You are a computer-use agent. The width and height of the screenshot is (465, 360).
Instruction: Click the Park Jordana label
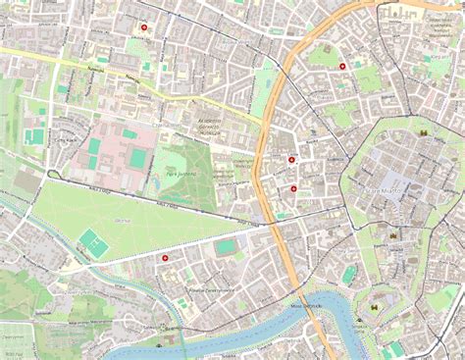(x=181, y=174)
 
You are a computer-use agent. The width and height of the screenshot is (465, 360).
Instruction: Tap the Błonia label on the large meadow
(x=123, y=223)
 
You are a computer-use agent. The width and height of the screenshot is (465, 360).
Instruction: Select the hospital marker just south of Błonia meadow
(x=165, y=256)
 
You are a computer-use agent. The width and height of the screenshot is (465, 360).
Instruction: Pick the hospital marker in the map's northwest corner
(x=144, y=27)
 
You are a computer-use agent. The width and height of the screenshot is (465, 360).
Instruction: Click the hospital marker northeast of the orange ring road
(x=342, y=66)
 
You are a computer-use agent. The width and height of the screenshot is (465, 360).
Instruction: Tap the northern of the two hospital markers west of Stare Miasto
(x=292, y=159)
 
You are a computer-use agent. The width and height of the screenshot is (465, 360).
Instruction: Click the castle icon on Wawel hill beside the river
(x=373, y=317)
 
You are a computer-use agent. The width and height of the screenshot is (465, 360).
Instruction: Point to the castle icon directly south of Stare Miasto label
(x=392, y=236)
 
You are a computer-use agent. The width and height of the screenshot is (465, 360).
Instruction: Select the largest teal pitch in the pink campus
(x=137, y=158)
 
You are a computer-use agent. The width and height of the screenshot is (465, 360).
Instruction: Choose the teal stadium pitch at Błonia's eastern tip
(x=227, y=247)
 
